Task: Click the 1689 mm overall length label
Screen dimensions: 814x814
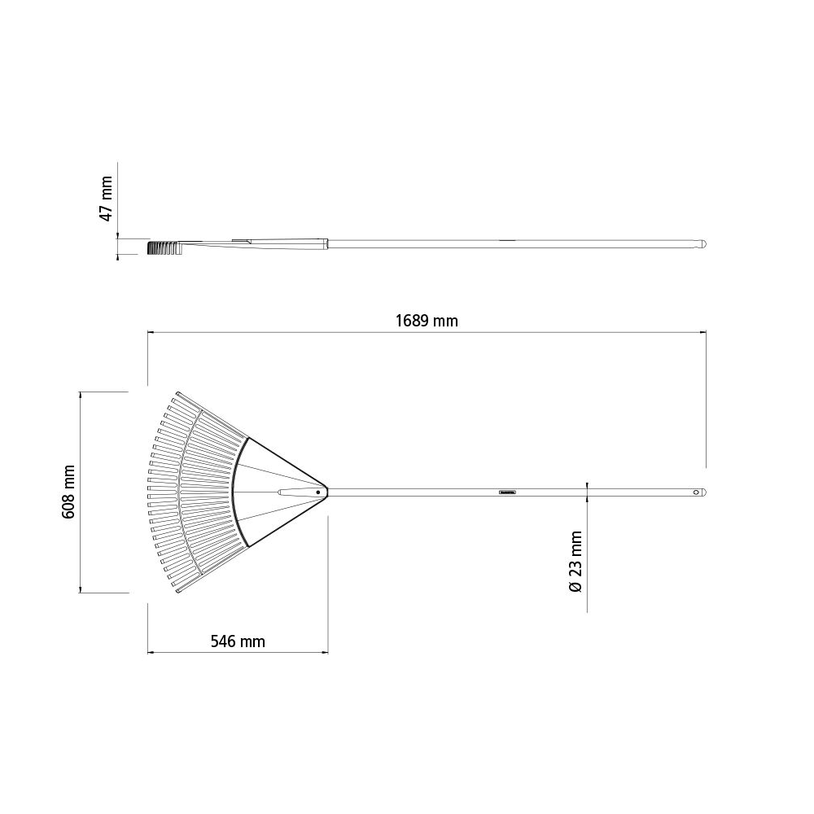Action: click(427, 321)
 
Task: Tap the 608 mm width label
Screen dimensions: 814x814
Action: click(68, 492)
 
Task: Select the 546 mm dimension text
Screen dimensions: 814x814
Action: click(238, 641)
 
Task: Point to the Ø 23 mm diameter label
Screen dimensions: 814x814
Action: click(575, 562)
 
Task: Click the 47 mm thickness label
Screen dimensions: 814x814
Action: click(106, 199)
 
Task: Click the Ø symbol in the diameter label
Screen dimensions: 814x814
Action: click(575, 587)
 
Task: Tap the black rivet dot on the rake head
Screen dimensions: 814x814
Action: click(317, 492)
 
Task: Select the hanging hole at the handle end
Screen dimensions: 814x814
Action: click(697, 492)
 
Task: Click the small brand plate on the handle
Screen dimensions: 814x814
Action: click(507, 492)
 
